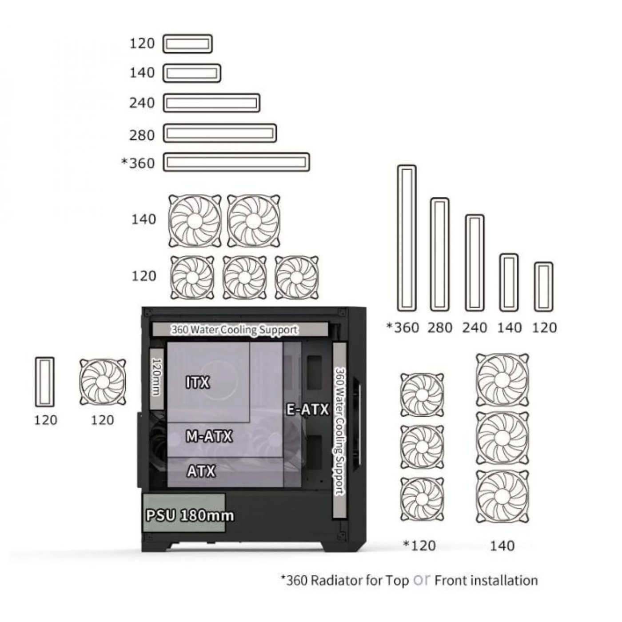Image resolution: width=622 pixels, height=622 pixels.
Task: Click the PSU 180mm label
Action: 190,515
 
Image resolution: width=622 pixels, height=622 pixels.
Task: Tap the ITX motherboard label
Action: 198,382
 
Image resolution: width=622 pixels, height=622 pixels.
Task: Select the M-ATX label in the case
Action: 209,436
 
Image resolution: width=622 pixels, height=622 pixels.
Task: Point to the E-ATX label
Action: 307,409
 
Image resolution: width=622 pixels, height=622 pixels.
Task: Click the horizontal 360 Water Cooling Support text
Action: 234,330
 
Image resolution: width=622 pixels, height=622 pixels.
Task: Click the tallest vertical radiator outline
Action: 407,238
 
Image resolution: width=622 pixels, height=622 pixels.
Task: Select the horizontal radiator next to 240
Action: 212,103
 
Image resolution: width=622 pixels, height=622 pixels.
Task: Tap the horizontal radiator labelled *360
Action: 237,162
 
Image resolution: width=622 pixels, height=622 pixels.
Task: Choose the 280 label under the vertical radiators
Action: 439,327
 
